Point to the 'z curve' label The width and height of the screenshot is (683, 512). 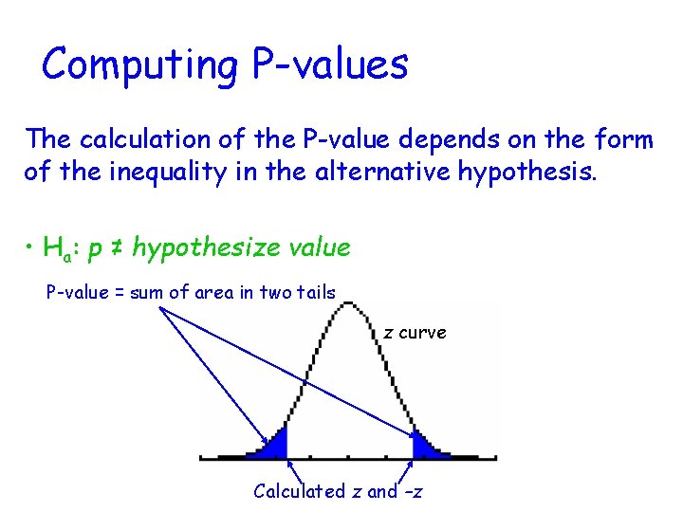click(x=415, y=333)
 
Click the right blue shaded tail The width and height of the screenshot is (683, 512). click(x=421, y=446)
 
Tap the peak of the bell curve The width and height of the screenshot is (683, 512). click(x=350, y=306)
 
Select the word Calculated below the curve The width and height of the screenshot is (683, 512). click(x=300, y=491)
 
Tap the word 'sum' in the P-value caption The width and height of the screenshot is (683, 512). click(x=147, y=292)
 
